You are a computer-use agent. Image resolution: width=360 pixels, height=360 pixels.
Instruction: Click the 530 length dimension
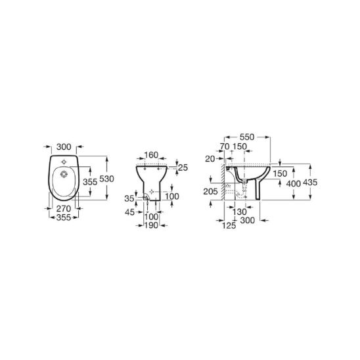pos(106,179)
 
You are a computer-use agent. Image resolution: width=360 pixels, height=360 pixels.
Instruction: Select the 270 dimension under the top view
pos(64,208)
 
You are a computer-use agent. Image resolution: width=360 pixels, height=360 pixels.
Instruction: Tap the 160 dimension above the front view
pos(151,155)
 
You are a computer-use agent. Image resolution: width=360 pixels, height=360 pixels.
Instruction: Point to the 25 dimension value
pos(183,168)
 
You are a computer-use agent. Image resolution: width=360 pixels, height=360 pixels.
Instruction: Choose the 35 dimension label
pos(129,198)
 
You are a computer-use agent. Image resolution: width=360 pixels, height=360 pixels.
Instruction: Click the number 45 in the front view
pos(129,212)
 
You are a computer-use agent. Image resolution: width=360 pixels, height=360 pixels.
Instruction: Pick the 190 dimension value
pos(151,225)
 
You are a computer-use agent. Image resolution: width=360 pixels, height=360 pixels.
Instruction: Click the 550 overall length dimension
pos(247,137)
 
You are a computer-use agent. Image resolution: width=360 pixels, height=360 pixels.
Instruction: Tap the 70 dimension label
pos(225,146)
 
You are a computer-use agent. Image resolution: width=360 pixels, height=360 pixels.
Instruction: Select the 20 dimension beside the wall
pos(210,158)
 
